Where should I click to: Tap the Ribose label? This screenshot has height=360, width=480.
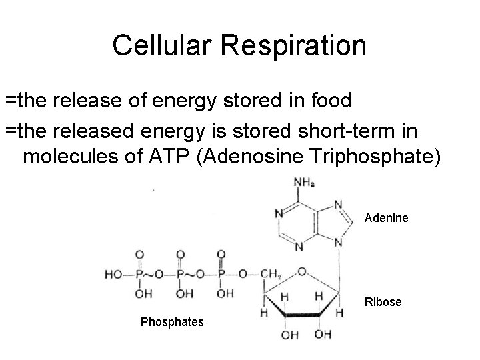[383, 302]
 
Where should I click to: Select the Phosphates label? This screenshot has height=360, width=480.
[173, 323]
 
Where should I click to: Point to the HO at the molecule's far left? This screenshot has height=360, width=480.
[113, 274]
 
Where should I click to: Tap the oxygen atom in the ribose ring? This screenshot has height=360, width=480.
[303, 271]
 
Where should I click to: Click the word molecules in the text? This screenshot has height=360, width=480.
[70, 158]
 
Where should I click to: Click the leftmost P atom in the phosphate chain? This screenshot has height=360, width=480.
[139, 274]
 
